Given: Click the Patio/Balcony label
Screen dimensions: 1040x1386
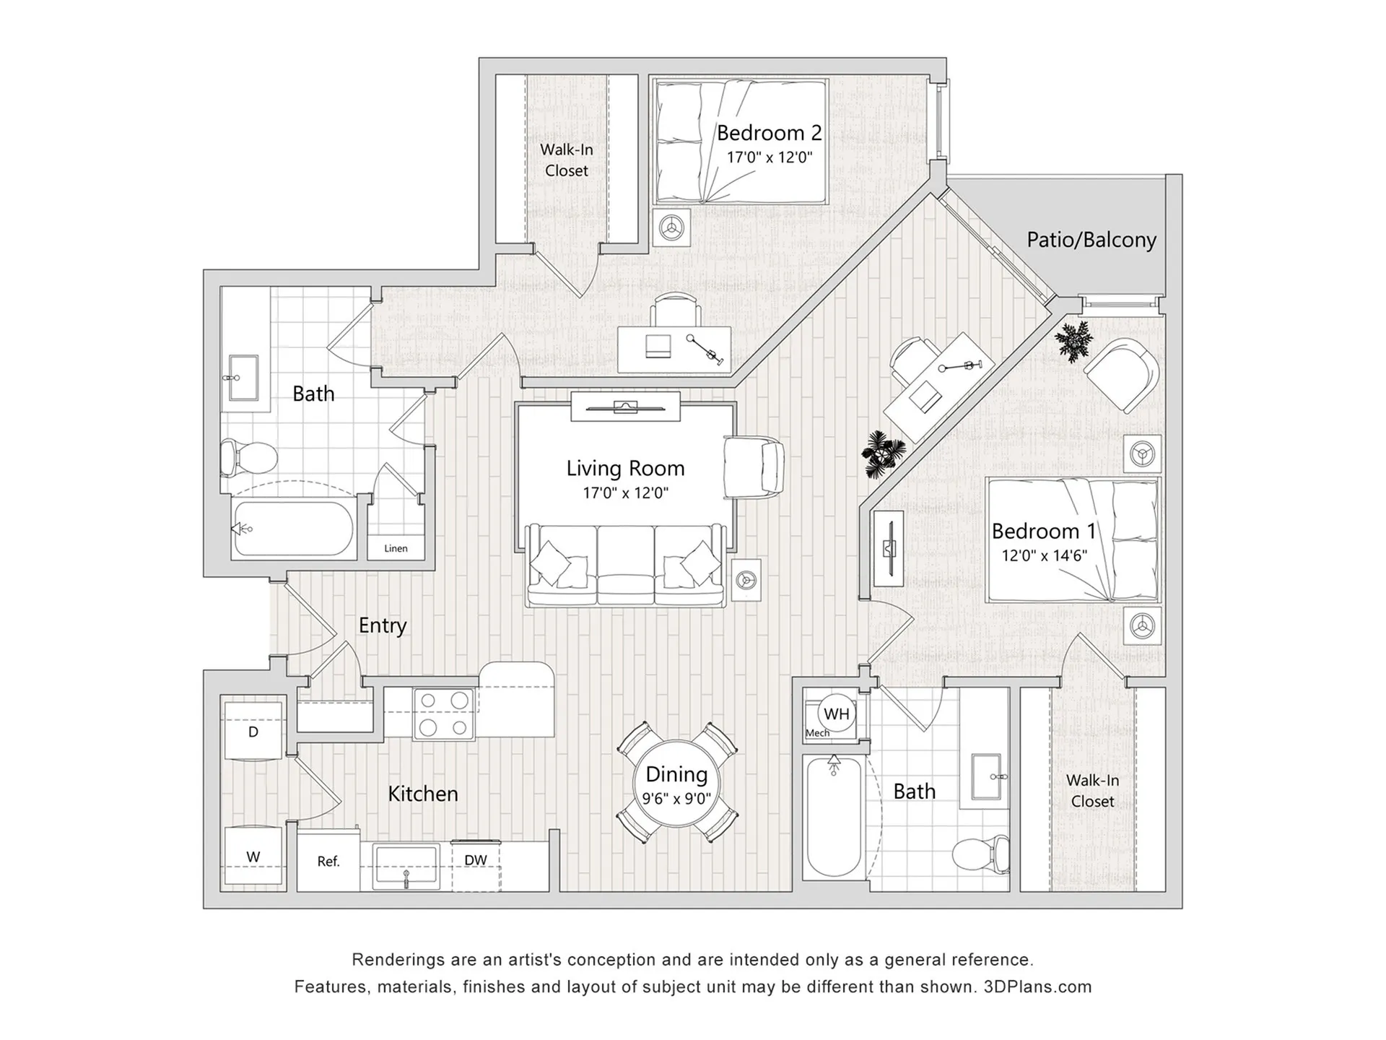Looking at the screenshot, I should [1091, 240].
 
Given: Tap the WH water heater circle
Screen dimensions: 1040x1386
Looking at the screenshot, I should [836, 714].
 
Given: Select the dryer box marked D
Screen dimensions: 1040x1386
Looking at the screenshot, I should [253, 731].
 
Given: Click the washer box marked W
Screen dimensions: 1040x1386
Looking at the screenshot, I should [253, 857].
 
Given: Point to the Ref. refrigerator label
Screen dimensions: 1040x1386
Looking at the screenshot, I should [328, 861].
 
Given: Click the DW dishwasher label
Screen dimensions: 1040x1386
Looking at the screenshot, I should [475, 860].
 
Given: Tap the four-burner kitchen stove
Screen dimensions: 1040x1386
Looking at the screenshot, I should [443, 713].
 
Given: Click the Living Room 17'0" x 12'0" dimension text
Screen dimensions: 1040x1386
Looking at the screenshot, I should [625, 493].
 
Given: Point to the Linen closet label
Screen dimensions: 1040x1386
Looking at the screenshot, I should [396, 548].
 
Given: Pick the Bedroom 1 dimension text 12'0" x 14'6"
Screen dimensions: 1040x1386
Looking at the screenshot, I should [1044, 555].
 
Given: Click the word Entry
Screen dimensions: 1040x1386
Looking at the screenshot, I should [383, 625].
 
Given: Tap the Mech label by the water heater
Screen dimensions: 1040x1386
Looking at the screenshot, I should [817, 733].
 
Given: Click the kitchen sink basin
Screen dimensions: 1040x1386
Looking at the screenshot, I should [406, 865].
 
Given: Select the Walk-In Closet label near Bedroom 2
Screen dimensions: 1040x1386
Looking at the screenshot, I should [567, 160].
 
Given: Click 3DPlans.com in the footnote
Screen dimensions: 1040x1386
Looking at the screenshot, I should [1037, 987].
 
